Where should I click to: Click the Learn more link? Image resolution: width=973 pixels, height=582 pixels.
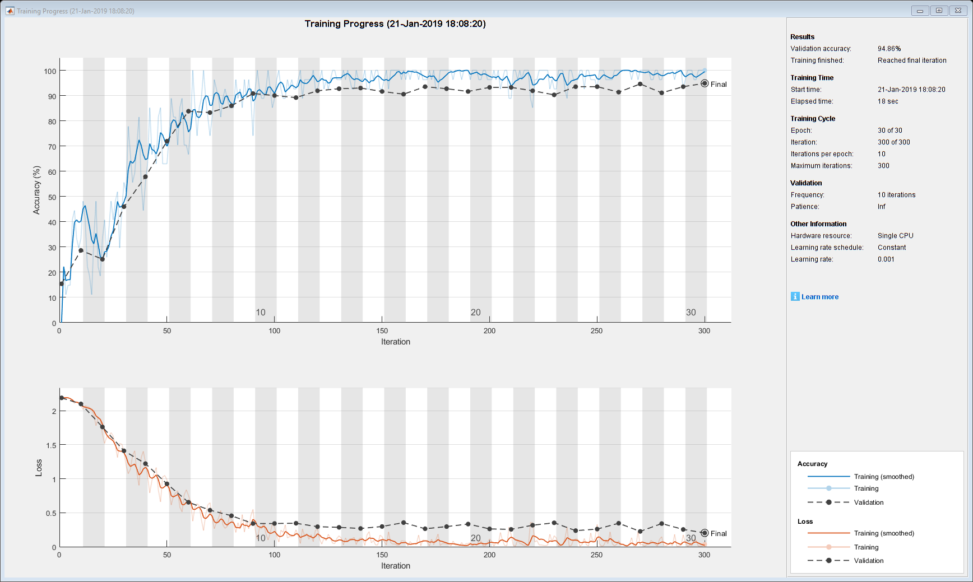click(x=819, y=297)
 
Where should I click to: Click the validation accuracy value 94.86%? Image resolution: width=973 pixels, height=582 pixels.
click(x=889, y=49)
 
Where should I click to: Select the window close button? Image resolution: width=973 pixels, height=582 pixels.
click(x=958, y=11)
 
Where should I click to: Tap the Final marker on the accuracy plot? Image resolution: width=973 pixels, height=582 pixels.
click(x=705, y=83)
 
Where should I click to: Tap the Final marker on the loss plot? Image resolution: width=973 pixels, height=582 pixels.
click(x=705, y=533)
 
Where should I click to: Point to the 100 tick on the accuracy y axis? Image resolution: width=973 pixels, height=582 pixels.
click(x=50, y=71)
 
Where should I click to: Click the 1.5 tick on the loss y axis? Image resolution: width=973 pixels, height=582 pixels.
click(x=51, y=445)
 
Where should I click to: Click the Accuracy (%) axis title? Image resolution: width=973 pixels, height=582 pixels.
click(x=37, y=190)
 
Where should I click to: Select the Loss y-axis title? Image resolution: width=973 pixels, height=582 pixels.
click(x=39, y=468)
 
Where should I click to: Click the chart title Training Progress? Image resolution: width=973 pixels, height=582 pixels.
click(x=395, y=24)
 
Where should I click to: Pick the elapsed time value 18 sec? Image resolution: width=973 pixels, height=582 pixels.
click(x=888, y=101)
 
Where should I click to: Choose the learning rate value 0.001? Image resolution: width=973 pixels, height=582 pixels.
click(x=886, y=259)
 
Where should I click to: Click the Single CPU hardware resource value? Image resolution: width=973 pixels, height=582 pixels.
click(x=895, y=236)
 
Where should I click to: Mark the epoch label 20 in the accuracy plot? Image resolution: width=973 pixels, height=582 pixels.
click(x=476, y=313)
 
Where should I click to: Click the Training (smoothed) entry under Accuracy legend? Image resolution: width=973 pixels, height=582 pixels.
click(x=883, y=477)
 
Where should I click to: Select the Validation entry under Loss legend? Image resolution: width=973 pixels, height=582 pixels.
click(x=868, y=561)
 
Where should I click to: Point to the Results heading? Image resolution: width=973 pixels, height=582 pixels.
click(x=802, y=37)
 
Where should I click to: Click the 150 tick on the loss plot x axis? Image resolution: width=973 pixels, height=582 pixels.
click(x=382, y=555)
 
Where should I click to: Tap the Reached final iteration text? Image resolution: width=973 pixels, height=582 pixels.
click(x=912, y=60)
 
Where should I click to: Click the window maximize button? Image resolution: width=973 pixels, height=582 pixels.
click(x=939, y=11)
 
